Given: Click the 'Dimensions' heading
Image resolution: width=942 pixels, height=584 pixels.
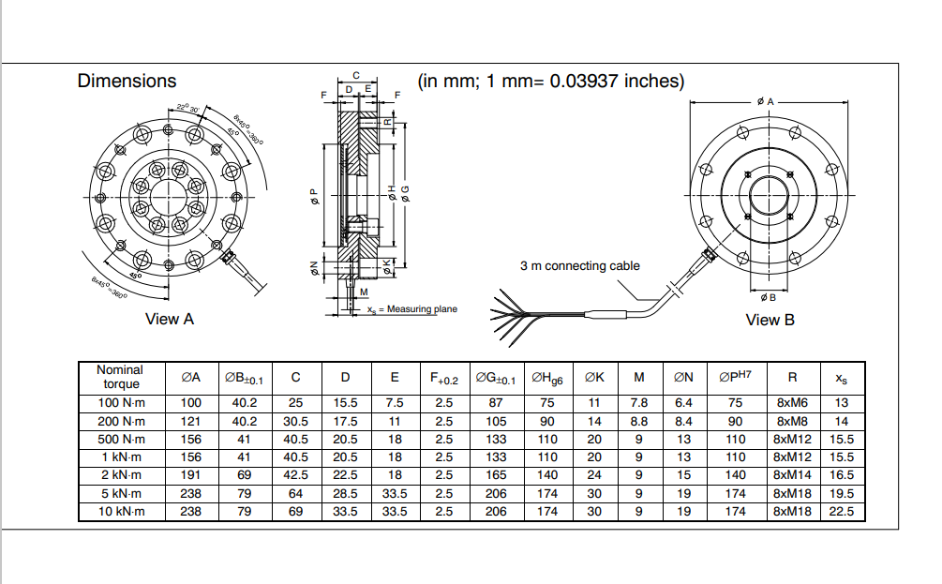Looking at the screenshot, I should coord(127,82).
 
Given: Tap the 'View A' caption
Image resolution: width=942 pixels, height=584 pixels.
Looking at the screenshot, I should coord(170,319).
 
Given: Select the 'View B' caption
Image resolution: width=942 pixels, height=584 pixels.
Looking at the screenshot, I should coord(770,320).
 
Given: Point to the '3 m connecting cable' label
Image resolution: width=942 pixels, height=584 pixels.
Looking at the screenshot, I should coord(580,265).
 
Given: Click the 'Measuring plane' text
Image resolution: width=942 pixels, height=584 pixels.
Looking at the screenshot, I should coord(422,309).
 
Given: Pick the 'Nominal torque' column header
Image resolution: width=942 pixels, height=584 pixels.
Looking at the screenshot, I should coord(120,377).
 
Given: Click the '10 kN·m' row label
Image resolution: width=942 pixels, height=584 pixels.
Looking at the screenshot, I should coord(120,512).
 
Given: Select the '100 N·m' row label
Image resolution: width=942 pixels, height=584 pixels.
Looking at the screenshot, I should coord(120,403).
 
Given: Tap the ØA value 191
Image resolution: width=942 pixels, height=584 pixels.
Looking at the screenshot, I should coord(191,475).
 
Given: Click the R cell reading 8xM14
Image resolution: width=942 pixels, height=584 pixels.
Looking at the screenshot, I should coord(792,475).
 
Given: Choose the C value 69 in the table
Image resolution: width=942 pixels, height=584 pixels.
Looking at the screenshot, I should coord(295,512).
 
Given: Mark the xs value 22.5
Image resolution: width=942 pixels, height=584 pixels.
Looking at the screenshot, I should coord(842,512).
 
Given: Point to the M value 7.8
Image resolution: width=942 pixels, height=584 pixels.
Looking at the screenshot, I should coord(639,403).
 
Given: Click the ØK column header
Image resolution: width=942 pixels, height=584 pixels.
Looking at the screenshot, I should coord(594,378).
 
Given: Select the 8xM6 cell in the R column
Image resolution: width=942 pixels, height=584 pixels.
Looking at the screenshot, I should coord(792,403).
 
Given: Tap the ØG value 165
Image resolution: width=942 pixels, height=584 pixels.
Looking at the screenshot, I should coord(496,475).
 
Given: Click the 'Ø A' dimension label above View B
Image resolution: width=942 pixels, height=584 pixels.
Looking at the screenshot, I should coord(766,100).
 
